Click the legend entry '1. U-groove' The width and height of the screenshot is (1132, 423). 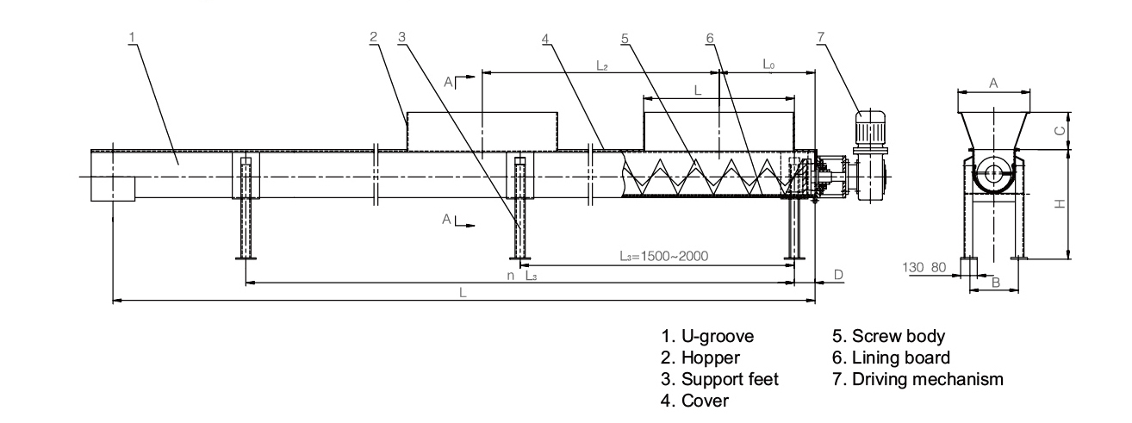[x=707, y=336]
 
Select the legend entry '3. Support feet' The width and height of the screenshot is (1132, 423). [x=719, y=379]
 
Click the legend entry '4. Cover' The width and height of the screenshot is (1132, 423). [x=694, y=401]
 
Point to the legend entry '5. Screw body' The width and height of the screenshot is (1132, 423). [x=888, y=336]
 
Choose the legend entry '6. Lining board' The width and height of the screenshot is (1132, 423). [x=892, y=358]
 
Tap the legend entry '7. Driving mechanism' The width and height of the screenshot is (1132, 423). [x=917, y=379]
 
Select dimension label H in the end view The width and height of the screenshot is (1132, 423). [x=1062, y=204]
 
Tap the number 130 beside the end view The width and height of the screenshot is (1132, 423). [x=913, y=268]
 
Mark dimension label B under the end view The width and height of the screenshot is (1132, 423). [x=994, y=283]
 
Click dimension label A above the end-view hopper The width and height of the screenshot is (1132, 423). [x=993, y=83]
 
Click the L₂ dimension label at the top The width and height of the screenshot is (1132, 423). [x=602, y=65]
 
